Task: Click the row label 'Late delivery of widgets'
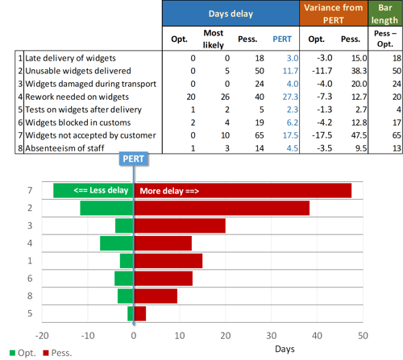pos(71,58)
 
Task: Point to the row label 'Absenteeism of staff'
pos(64,148)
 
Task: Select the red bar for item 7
pos(243,191)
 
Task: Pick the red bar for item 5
pos(139,313)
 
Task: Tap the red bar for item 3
pos(179,226)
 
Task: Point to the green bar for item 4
pos(117,243)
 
